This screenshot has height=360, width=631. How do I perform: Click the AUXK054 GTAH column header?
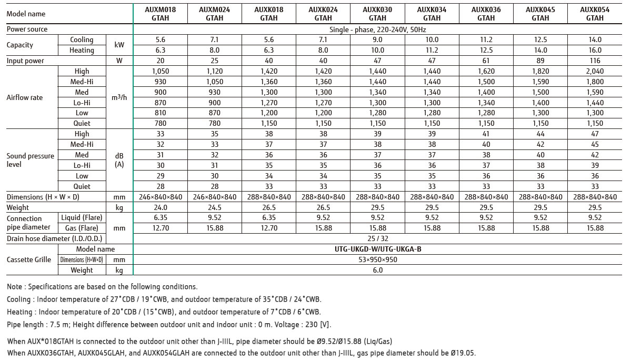click(595, 14)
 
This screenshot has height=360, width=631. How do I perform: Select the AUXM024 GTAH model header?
click(215, 14)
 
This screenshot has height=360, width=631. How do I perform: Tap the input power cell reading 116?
click(595, 61)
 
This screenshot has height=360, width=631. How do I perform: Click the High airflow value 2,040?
click(595, 71)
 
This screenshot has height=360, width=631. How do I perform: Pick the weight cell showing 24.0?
click(161, 207)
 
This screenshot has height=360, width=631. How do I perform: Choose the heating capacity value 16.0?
click(595, 50)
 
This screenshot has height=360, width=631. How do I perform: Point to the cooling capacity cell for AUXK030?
click(378, 39)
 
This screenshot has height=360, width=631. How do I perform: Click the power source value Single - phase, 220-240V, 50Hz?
click(378, 29)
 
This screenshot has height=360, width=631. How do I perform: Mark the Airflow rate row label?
click(24, 97)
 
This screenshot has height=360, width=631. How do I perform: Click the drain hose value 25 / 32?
click(378, 238)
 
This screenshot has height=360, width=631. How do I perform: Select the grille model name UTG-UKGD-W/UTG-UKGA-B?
click(378, 249)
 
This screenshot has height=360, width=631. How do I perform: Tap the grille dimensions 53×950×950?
click(378, 259)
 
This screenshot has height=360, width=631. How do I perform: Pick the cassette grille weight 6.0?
click(378, 270)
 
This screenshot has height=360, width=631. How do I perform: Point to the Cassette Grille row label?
click(29, 259)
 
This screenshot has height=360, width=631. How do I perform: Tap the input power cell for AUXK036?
click(486, 61)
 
